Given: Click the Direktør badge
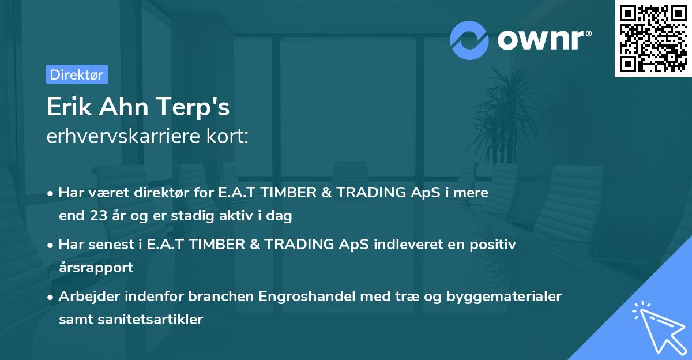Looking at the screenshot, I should [x=77, y=74].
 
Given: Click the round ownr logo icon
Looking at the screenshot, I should [x=469, y=40].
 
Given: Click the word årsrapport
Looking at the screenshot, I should [x=96, y=267].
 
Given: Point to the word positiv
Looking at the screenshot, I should [x=494, y=245].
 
